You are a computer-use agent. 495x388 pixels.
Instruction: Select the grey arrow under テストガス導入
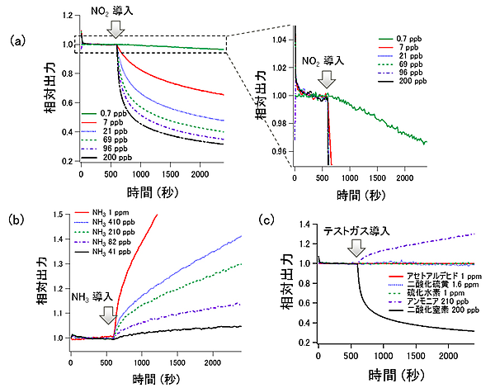tap(358, 247)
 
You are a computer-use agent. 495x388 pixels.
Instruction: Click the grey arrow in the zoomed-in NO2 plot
tap(328, 78)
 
